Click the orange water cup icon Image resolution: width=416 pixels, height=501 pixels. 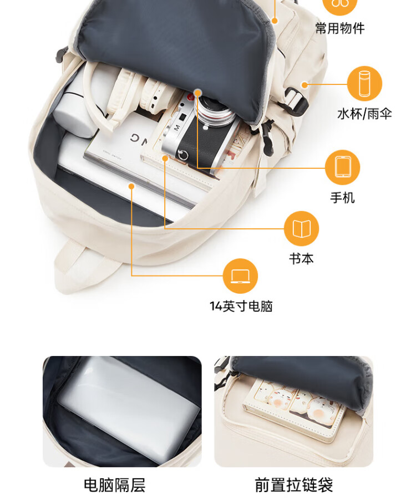[x=364, y=84]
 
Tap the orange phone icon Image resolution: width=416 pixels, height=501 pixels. [x=343, y=167]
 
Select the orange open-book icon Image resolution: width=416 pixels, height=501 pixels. [x=301, y=228]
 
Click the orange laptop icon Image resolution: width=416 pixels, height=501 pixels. [x=240, y=276]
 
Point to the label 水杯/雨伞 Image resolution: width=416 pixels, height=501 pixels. [x=364, y=114]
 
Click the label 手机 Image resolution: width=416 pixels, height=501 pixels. [x=342, y=198]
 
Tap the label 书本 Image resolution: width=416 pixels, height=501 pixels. [x=301, y=259]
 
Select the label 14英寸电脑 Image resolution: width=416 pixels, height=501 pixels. [x=241, y=307]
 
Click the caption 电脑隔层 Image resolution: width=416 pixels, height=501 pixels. [x=115, y=485]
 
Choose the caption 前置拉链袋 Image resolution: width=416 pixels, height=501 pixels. [x=294, y=485]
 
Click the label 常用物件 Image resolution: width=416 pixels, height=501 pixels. [x=340, y=28]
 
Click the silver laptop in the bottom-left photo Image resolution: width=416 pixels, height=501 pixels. [x=129, y=409]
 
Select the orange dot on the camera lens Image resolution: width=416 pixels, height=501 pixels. [x=198, y=93]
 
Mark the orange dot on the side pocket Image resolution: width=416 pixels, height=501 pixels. [x=305, y=84]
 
